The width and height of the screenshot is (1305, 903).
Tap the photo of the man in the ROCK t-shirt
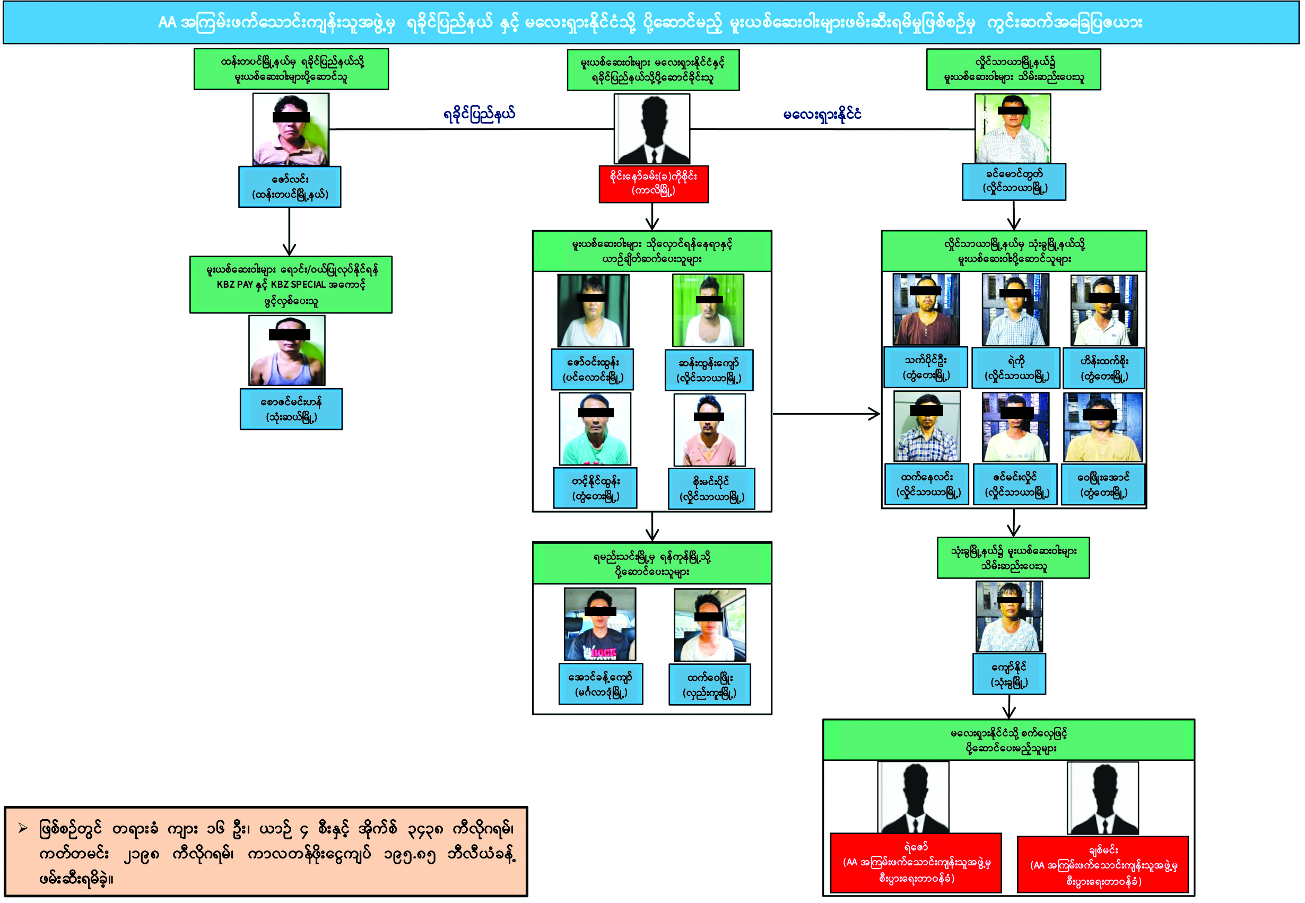coord(599,624)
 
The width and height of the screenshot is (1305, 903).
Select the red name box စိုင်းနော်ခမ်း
coord(653,183)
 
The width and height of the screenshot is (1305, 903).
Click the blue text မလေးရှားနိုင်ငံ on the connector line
coord(822,115)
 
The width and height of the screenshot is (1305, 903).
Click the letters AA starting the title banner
coord(168,23)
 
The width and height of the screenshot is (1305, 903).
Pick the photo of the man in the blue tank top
coord(287,351)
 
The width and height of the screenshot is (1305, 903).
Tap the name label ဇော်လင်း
coord(289,187)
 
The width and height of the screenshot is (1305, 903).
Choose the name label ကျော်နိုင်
coord(1008,674)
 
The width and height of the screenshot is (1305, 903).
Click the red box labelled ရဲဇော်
coord(915,862)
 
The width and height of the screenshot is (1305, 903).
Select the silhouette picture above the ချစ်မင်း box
coord(1102,798)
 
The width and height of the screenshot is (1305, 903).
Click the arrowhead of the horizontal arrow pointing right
coord(875,414)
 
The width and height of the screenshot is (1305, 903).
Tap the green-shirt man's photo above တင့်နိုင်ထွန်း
coord(594,429)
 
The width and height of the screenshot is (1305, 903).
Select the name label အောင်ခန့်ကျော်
coord(601,684)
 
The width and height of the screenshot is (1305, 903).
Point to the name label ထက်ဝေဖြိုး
coord(709,685)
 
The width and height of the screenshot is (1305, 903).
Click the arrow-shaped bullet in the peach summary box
coord(23,829)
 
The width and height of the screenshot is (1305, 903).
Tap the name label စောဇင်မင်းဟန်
coord(291,409)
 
